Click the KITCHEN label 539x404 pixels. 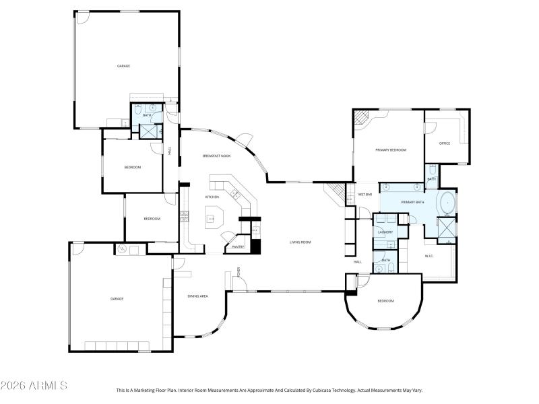tap(212, 197)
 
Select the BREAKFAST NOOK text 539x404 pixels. tap(216, 156)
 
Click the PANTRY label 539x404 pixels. tap(238, 247)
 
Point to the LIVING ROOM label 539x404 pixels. tap(300, 242)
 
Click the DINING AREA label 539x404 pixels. tap(197, 296)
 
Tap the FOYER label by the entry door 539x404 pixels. tap(239, 272)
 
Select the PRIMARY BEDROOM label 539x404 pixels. tap(391, 150)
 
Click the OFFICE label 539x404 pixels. tap(445, 143)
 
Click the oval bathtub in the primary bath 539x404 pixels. tap(447, 202)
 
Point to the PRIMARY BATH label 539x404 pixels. tap(412, 202)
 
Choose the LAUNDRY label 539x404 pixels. tap(385, 232)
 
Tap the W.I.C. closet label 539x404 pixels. tap(429, 256)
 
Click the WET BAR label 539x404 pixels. tap(365, 195)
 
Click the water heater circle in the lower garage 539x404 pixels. tap(122, 249)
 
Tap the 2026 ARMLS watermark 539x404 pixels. tap(34, 386)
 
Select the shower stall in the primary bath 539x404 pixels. tap(447, 229)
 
